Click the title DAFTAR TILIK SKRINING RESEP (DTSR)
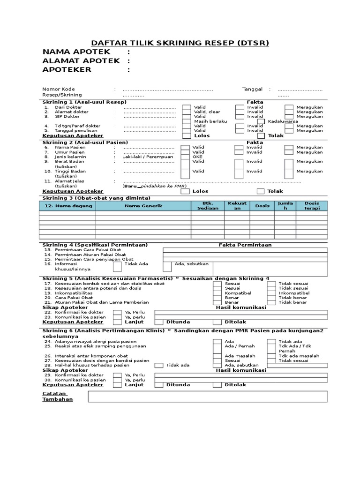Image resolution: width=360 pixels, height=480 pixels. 180,43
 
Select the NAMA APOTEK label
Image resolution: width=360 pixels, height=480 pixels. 76,52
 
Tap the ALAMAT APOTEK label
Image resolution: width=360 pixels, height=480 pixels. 81,61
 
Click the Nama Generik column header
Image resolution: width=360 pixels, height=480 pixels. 143,206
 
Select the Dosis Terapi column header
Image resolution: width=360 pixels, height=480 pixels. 311,206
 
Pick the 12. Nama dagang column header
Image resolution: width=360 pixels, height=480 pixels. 67,206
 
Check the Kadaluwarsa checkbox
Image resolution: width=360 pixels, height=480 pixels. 261,121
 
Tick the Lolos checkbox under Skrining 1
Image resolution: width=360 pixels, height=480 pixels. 187,135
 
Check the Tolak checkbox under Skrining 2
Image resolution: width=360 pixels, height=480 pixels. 261,191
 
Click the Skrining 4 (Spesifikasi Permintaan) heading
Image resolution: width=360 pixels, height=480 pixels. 95,245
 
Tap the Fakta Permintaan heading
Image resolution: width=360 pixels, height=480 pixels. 245,245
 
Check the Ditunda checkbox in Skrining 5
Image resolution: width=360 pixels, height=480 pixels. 158,322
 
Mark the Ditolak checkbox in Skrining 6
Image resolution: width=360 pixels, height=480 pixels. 217,385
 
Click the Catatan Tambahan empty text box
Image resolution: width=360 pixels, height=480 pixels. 208,397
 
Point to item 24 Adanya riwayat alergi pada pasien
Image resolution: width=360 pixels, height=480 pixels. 97,341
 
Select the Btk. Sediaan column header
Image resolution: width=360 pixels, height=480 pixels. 207,206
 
